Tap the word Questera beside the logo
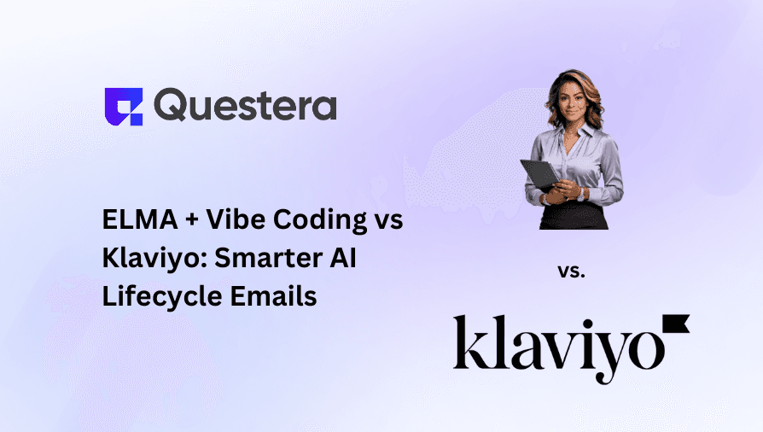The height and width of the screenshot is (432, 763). pos(246,106)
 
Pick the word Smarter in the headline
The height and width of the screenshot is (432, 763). pos(255,259)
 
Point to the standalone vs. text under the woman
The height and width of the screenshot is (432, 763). pos(571,271)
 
